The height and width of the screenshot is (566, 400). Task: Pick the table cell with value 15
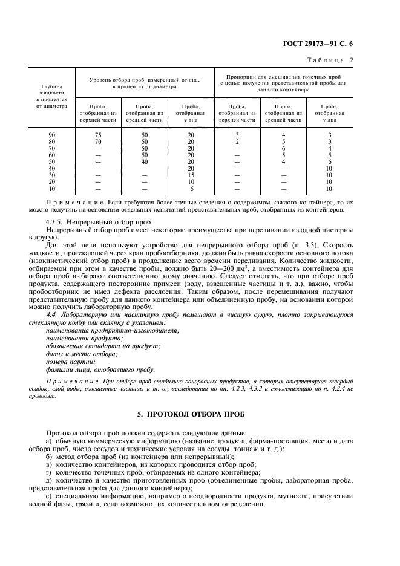pyautogui.click(x=191, y=175)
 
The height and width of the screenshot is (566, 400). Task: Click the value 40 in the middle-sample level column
pyautogui.click(x=144, y=161)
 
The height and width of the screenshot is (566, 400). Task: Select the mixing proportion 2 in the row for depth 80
pyautogui.click(x=237, y=141)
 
